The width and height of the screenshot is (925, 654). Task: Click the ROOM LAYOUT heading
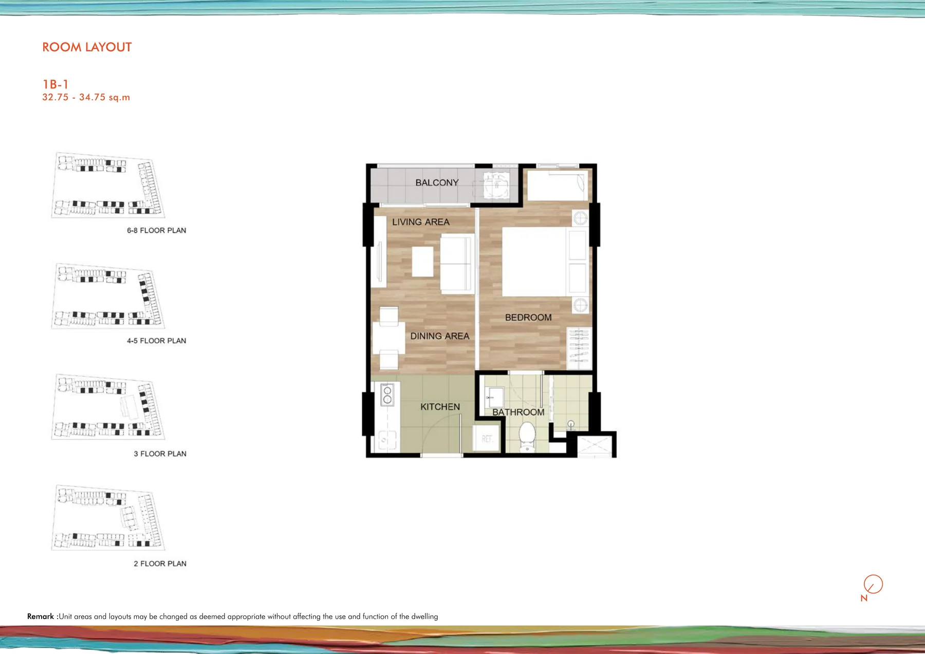tap(87, 47)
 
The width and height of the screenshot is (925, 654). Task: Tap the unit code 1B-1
tap(55, 84)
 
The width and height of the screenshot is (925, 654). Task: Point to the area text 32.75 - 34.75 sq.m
tap(86, 97)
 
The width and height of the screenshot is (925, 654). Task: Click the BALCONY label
tap(437, 182)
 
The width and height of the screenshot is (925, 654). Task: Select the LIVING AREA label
tap(421, 222)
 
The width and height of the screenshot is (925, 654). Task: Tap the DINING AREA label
tap(440, 336)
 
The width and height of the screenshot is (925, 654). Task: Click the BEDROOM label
tap(528, 317)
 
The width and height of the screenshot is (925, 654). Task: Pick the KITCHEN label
tap(440, 407)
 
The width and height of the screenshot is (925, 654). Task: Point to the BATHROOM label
tap(518, 412)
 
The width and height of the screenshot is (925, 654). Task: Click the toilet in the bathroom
tap(527, 437)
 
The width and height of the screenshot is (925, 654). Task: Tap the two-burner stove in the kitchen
tap(387, 395)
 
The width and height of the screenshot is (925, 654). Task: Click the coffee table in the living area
tap(422, 261)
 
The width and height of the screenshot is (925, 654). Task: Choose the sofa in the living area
tap(457, 264)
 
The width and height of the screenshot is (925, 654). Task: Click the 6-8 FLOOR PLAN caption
tap(157, 230)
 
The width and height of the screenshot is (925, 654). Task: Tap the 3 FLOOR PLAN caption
tap(160, 454)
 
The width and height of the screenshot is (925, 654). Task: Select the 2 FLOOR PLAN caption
tap(160, 564)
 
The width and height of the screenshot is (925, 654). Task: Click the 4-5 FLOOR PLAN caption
tap(157, 341)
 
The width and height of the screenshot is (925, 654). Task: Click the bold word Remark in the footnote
tap(41, 616)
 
